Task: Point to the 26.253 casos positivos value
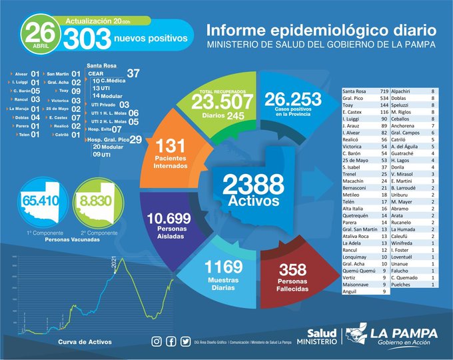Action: point(293,99)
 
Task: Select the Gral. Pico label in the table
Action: point(354,97)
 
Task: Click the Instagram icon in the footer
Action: point(157,341)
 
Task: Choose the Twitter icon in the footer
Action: point(186,341)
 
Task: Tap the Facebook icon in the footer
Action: point(171,341)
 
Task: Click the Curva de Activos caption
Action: point(80,341)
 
